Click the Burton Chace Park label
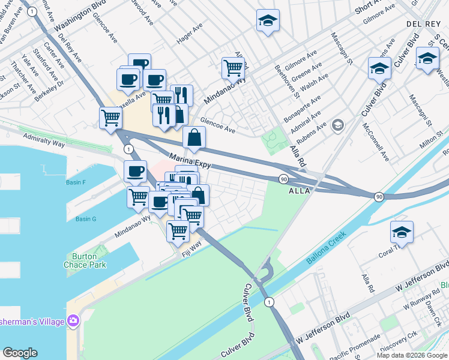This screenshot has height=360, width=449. pos(80,260)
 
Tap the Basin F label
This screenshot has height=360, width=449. pos(76,182)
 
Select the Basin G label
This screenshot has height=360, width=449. pos(86,219)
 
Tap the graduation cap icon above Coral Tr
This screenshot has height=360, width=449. pos(402,232)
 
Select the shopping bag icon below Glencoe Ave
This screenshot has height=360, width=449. pos(194,137)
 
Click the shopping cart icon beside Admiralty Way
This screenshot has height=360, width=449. pos(110,118)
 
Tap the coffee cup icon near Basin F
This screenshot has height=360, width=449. pos(135,172)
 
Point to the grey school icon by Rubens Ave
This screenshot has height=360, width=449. pos(338,125)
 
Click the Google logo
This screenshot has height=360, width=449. pos(20,353)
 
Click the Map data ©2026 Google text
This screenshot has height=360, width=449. pos(411,355)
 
